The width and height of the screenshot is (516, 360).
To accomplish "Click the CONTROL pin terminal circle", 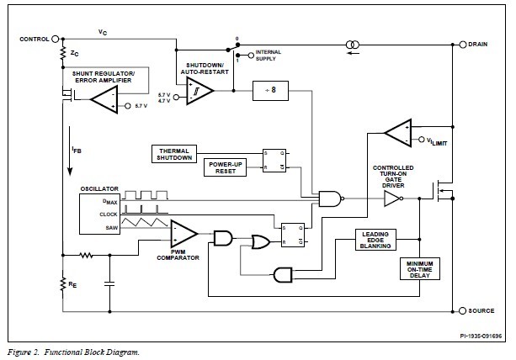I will pyautogui.click(x=56, y=40).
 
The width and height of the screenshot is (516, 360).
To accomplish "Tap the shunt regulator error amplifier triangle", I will pyautogui.click(x=104, y=103).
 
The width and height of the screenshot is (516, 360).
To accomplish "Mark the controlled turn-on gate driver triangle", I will pyautogui.click(x=392, y=199).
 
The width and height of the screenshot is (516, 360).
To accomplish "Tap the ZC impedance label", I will pyautogui.click(x=75, y=53).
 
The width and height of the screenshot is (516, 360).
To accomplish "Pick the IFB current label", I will pyautogui.click(x=77, y=151).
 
